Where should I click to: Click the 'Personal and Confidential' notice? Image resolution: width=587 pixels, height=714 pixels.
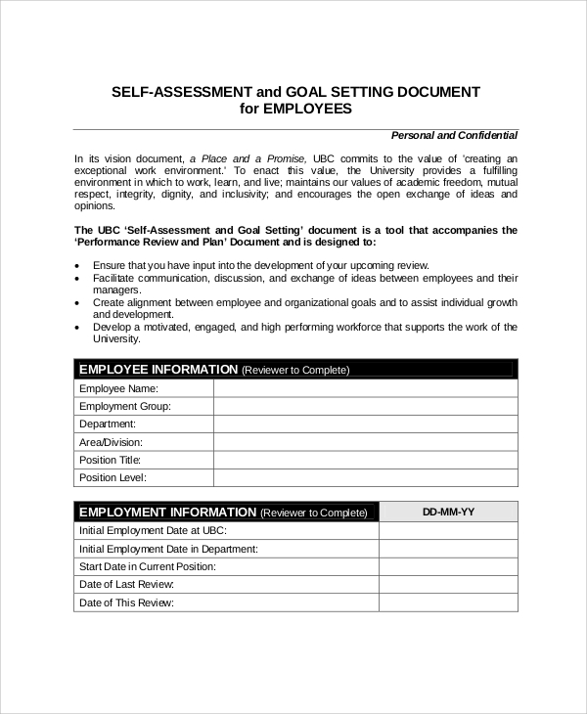(x=454, y=135)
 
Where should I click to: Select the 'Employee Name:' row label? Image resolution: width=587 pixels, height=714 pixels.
(x=118, y=388)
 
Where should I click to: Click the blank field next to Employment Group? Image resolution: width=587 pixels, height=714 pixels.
(x=365, y=406)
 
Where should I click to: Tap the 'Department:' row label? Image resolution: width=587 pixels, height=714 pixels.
(x=108, y=424)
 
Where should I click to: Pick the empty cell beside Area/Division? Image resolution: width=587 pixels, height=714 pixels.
(x=365, y=442)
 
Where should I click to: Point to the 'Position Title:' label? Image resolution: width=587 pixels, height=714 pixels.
(x=111, y=460)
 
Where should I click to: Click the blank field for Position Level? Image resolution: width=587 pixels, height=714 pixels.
(x=365, y=477)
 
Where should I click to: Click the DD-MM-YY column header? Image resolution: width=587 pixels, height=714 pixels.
(x=448, y=512)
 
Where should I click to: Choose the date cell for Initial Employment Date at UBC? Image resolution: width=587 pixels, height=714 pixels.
(x=448, y=530)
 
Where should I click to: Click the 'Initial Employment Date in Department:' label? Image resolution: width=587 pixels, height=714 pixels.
(x=168, y=549)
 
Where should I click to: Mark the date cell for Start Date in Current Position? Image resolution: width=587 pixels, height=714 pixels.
(x=448, y=566)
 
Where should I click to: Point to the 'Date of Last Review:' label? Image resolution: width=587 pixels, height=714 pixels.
(x=126, y=584)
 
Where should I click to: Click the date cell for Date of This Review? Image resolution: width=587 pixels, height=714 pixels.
(x=448, y=602)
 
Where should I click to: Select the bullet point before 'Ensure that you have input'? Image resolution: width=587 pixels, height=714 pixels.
(x=77, y=266)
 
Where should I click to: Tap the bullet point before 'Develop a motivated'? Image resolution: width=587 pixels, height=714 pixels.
(x=77, y=328)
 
